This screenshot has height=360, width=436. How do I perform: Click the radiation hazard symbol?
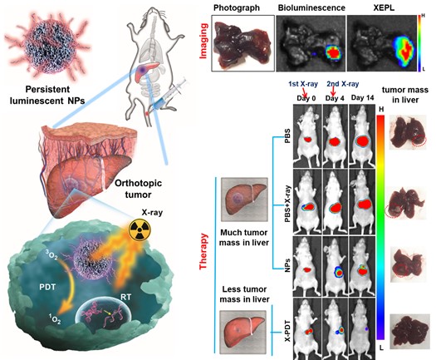click(x=139, y=230)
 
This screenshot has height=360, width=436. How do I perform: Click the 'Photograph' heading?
click(x=237, y=7)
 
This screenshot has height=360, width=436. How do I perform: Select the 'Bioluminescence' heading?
click(x=311, y=7)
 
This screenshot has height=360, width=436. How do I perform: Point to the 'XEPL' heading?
click(x=384, y=7)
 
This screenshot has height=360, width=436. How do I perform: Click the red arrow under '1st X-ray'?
click(x=305, y=92)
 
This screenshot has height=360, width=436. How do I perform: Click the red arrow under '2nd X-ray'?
click(x=333, y=92)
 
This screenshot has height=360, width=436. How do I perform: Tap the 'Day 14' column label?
click(x=362, y=98)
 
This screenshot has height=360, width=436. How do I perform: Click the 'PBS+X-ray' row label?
click(x=287, y=204)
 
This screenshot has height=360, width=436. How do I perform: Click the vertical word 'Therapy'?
click(x=203, y=251)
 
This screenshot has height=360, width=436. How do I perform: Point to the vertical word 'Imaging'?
click(x=203, y=41)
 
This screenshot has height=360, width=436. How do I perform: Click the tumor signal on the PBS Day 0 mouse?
click(x=307, y=140)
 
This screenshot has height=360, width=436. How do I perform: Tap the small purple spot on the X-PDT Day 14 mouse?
click(x=367, y=328)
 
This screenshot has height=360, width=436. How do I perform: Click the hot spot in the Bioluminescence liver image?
click(x=333, y=52)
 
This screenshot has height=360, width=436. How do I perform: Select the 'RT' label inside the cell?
click(x=125, y=297)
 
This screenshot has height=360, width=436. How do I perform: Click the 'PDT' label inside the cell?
click(x=47, y=287)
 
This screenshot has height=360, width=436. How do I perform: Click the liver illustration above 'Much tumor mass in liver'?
click(x=244, y=200)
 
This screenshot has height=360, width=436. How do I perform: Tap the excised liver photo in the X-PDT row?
click(x=410, y=332)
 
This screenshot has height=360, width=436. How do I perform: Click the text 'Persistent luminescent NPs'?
click(x=47, y=95)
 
